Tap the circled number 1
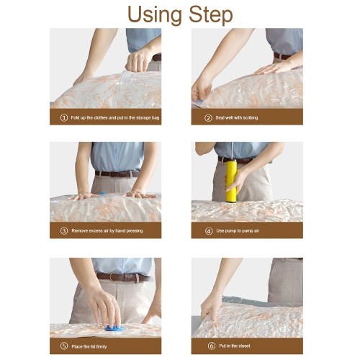click(64, 117)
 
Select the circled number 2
click(208, 118)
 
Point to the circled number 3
click(64, 231)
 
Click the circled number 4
click(209, 231)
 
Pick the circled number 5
click(64, 346)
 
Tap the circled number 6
click(212, 346)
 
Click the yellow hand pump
click(231, 181)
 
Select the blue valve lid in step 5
click(114, 328)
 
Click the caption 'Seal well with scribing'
click(237, 117)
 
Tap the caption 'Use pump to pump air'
click(238, 230)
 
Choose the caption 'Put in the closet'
click(235, 346)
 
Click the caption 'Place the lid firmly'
click(89, 346)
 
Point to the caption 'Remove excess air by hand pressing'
click(107, 230)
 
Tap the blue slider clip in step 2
click(199, 102)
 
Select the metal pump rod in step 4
click(232, 151)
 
